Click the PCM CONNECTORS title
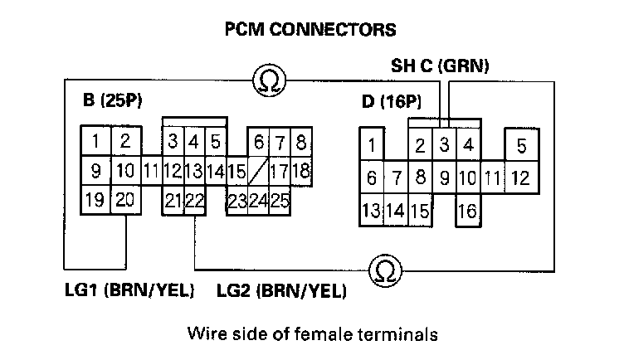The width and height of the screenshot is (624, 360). tap(311, 30)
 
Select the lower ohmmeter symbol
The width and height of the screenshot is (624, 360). tap(382, 270)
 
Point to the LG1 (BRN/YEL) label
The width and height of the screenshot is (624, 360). tap(130, 291)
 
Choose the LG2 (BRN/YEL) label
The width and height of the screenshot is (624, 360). tap(281, 291)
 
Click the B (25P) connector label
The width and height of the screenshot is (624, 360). tap(113, 101)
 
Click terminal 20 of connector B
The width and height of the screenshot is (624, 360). tap(125, 200)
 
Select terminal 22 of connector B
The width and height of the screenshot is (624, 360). tap(194, 200)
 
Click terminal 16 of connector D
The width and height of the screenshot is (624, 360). tap(467, 212)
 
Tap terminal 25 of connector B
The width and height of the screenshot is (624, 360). tap(279, 200)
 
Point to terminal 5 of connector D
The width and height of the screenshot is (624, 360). tap(521, 147)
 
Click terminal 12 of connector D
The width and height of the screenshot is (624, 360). tap(520, 178)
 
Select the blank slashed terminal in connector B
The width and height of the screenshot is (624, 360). tap(258, 173)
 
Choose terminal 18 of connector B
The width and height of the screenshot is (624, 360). tap(300, 173)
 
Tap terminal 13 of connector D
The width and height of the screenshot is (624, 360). tap(371, 210)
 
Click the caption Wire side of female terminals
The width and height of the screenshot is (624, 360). tap(312, 335)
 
